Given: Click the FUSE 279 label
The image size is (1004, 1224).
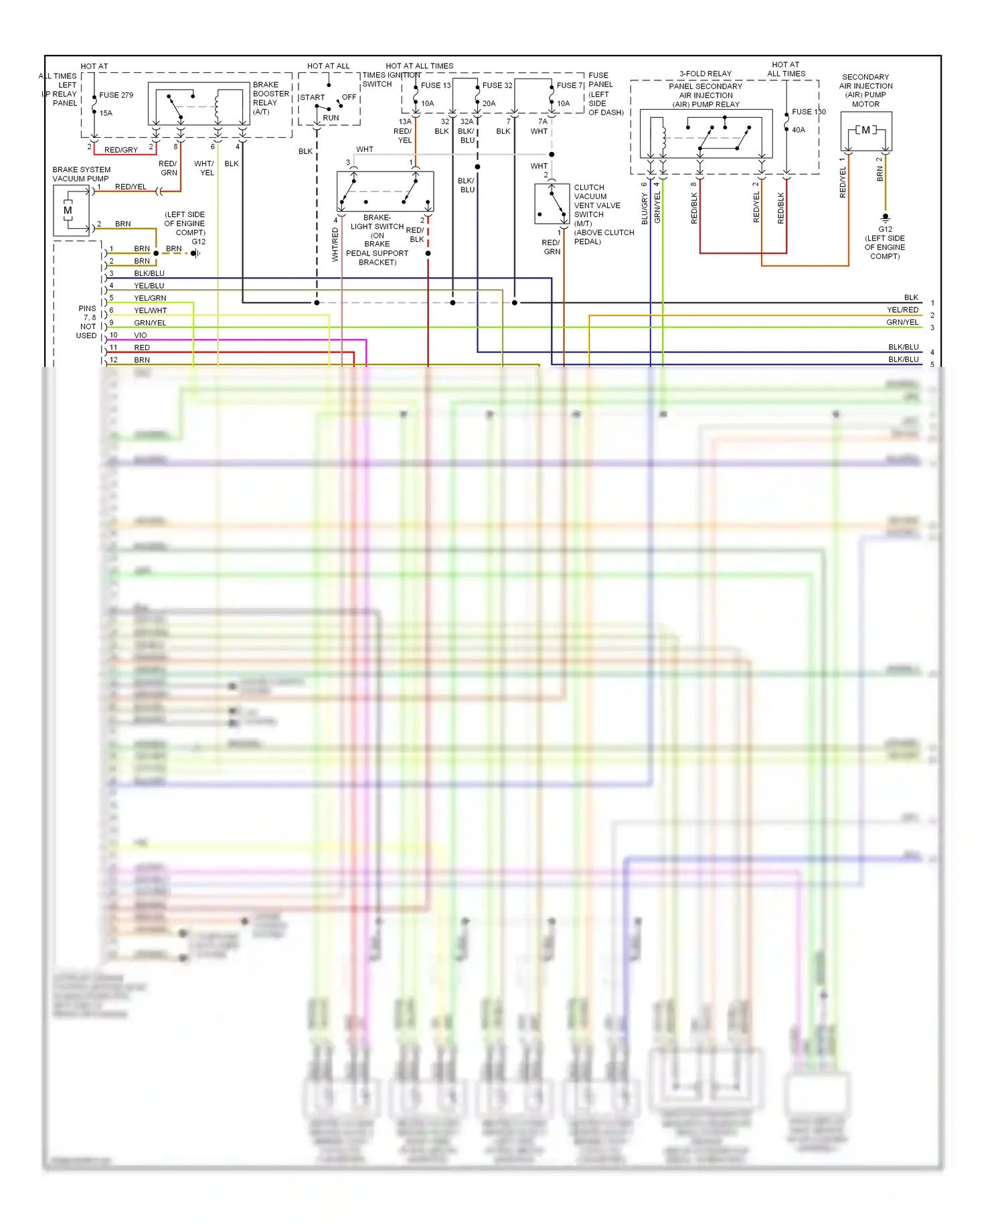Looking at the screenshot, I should [x=116, y=95].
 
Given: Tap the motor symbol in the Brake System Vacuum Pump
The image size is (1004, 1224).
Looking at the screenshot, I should [x=68, y=210].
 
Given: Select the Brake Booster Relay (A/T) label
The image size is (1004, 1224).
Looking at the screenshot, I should [x=270, y=98].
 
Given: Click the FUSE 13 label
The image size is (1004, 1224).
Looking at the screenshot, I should [x=436, y=85].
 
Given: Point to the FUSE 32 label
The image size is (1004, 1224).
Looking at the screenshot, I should [x=497, y=85].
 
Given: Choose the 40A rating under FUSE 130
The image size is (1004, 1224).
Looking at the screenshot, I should [x=799, y=130].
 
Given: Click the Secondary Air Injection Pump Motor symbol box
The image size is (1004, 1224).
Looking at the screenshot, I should [x=866, y=131].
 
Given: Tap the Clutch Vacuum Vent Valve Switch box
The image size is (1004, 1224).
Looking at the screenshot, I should [x=552, y=204].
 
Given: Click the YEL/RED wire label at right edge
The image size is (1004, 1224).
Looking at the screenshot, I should [x=902, y=310].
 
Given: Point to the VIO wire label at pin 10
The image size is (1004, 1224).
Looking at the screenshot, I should [x=140, y=335].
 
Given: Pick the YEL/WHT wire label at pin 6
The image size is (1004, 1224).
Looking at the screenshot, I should [x=150, y=311].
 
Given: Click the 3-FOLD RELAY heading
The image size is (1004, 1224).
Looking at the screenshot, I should [x=705, y=74].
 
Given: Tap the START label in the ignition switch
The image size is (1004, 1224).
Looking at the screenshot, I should [x=312, y=97].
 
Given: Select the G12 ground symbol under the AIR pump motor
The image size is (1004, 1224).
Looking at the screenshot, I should [x=885, y=218].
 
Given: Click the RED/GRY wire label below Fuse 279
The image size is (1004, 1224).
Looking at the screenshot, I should [x=120, y=150].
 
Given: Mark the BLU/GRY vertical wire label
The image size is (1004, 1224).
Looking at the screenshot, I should [x=645, y=209].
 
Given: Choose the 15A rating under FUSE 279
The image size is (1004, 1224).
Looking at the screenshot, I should [x=106, y=113].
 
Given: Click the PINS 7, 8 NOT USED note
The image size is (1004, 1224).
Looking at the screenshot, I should [x=87, y=322].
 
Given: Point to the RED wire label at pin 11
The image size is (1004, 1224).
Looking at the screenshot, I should [x=142, y=348].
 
